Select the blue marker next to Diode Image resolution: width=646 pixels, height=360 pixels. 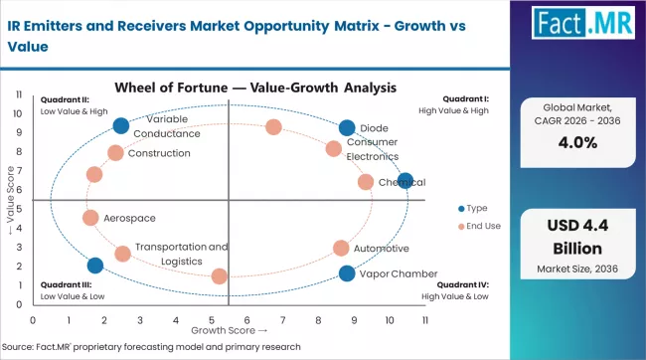pyautogui.click(x=346, y=128)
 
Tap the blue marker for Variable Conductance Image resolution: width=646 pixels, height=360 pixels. pyautogui.click(x=121, y=125)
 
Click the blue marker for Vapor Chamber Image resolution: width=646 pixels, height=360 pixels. pyautogui.click(x=346, y=273)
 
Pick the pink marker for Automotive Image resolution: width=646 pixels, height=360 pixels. pyautogui.click(x=341, y=248)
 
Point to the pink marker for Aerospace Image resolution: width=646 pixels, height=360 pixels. pyautogui.click(x=90, y=218)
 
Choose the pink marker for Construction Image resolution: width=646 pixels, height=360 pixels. pyautogui.click(x=115, y=153)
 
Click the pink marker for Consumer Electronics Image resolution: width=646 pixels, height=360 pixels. pyautogui.click(x=333, y=149)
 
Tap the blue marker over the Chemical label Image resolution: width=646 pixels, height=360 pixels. pyautogui.click(x=404, y=181)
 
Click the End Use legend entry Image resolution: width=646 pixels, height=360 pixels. pyautogui.click(x=479, y=227)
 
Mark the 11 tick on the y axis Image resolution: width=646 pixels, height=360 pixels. pyautogui.click(x=20, y=94)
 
